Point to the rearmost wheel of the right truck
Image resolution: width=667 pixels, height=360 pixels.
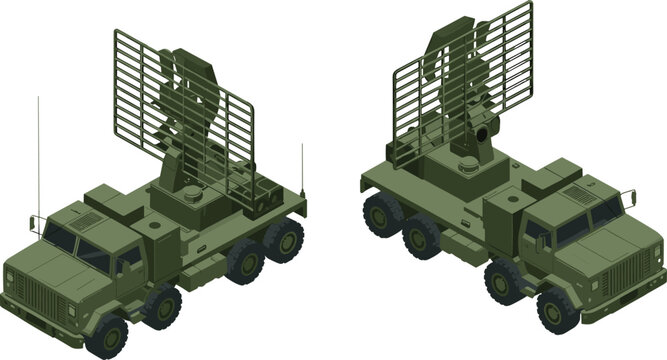(x=381, y=213)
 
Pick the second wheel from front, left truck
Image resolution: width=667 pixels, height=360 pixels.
(x=159, y=306)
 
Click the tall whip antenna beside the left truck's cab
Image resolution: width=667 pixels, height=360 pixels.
(x=40, y=150)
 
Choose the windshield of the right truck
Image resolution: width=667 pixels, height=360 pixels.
(x=589, y=220)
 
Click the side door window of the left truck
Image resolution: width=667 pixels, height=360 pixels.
(x=127, y=260)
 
